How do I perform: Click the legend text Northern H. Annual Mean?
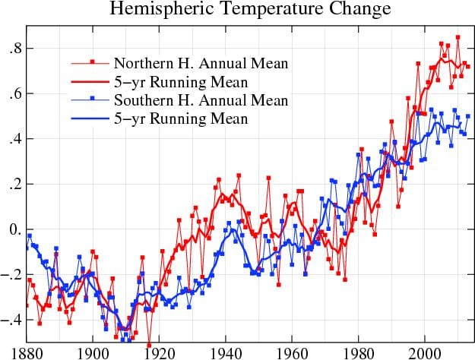201,62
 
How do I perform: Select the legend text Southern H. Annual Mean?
201,101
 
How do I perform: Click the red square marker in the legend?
92,62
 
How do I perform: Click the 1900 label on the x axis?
93,352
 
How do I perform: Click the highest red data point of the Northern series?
458,37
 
